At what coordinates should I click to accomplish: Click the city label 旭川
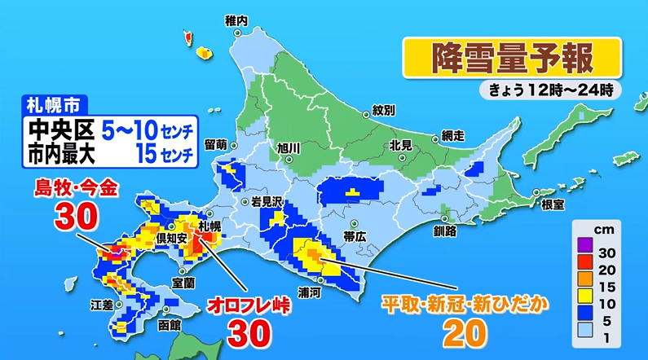(x=289, y=147)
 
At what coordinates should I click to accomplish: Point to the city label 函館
(x=170, y=324)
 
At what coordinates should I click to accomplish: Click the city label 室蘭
(x=183, y=282)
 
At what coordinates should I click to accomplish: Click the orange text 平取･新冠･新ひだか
(x=464, y=304)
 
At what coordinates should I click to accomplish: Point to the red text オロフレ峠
(x=247, y=305)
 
